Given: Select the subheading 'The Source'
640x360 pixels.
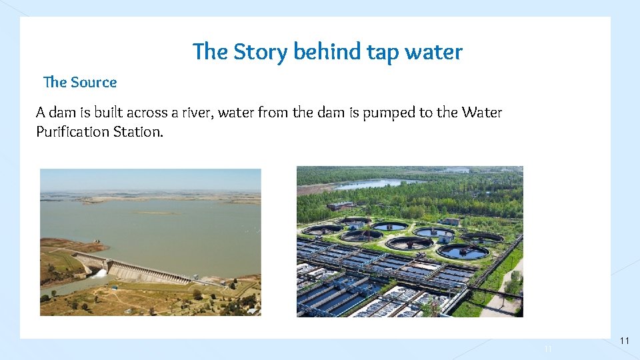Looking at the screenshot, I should [80, 82].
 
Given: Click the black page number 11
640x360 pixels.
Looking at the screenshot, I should [625, 341].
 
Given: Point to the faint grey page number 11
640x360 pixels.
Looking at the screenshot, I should [549, 349].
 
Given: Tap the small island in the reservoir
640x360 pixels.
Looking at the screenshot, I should [153, 213].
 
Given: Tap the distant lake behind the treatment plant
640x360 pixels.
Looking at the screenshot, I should [380, 183].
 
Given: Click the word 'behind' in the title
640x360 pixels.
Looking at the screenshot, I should [327, 52].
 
